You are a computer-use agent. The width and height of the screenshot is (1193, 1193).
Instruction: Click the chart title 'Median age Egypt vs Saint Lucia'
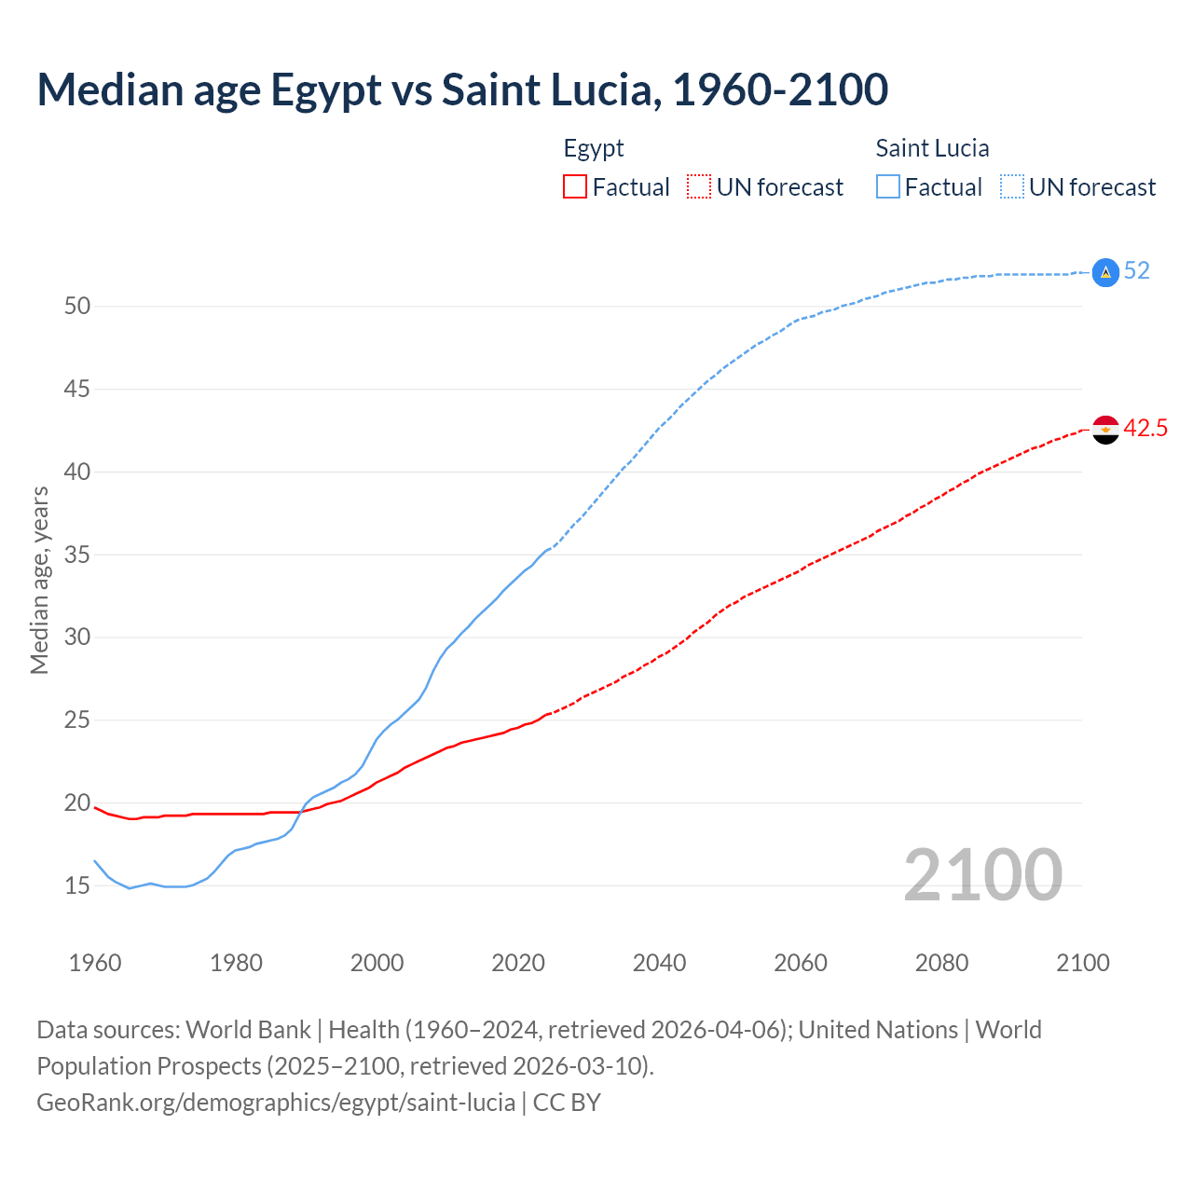coord(462,90)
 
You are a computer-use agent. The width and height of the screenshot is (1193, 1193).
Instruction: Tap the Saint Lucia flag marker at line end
coord(1105,272)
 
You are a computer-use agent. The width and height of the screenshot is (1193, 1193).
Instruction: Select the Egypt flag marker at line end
coord(1105,430)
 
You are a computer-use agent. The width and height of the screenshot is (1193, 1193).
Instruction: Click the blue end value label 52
coord(1137,271)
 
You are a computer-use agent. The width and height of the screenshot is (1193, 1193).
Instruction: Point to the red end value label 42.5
coord(1145,429)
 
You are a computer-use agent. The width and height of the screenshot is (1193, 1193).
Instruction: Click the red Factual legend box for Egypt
coord(575,187)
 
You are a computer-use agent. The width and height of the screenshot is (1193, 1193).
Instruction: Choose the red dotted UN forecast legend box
coord(699,187)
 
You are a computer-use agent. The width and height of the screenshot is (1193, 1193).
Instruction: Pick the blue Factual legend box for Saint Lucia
coord(888,187)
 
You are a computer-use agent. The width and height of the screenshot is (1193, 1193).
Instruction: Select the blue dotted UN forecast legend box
coord(1012,187)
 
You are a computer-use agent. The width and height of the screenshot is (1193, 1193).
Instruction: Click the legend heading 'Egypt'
coord(594,149)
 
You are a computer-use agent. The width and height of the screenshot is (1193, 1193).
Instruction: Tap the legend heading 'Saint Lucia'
coord(932,149)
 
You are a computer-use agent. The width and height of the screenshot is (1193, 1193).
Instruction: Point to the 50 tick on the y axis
coord(77,307)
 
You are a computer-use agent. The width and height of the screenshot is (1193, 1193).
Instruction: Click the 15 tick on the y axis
coord(77,886)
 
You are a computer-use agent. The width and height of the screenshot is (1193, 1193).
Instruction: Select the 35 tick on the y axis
coord(77,555)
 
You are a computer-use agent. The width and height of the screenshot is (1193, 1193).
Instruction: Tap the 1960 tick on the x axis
coord(95,963)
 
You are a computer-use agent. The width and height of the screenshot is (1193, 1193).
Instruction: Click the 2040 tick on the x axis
coord(660,963)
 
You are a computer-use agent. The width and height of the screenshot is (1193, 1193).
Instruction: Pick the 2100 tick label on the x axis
coord(1083,963)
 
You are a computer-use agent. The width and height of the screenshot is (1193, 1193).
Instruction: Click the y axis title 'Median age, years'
coord(39,580)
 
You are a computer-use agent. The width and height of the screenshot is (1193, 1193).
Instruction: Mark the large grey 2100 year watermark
coord(983,875)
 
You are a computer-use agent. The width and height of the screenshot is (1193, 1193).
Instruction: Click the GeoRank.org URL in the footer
coord(276,1103)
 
